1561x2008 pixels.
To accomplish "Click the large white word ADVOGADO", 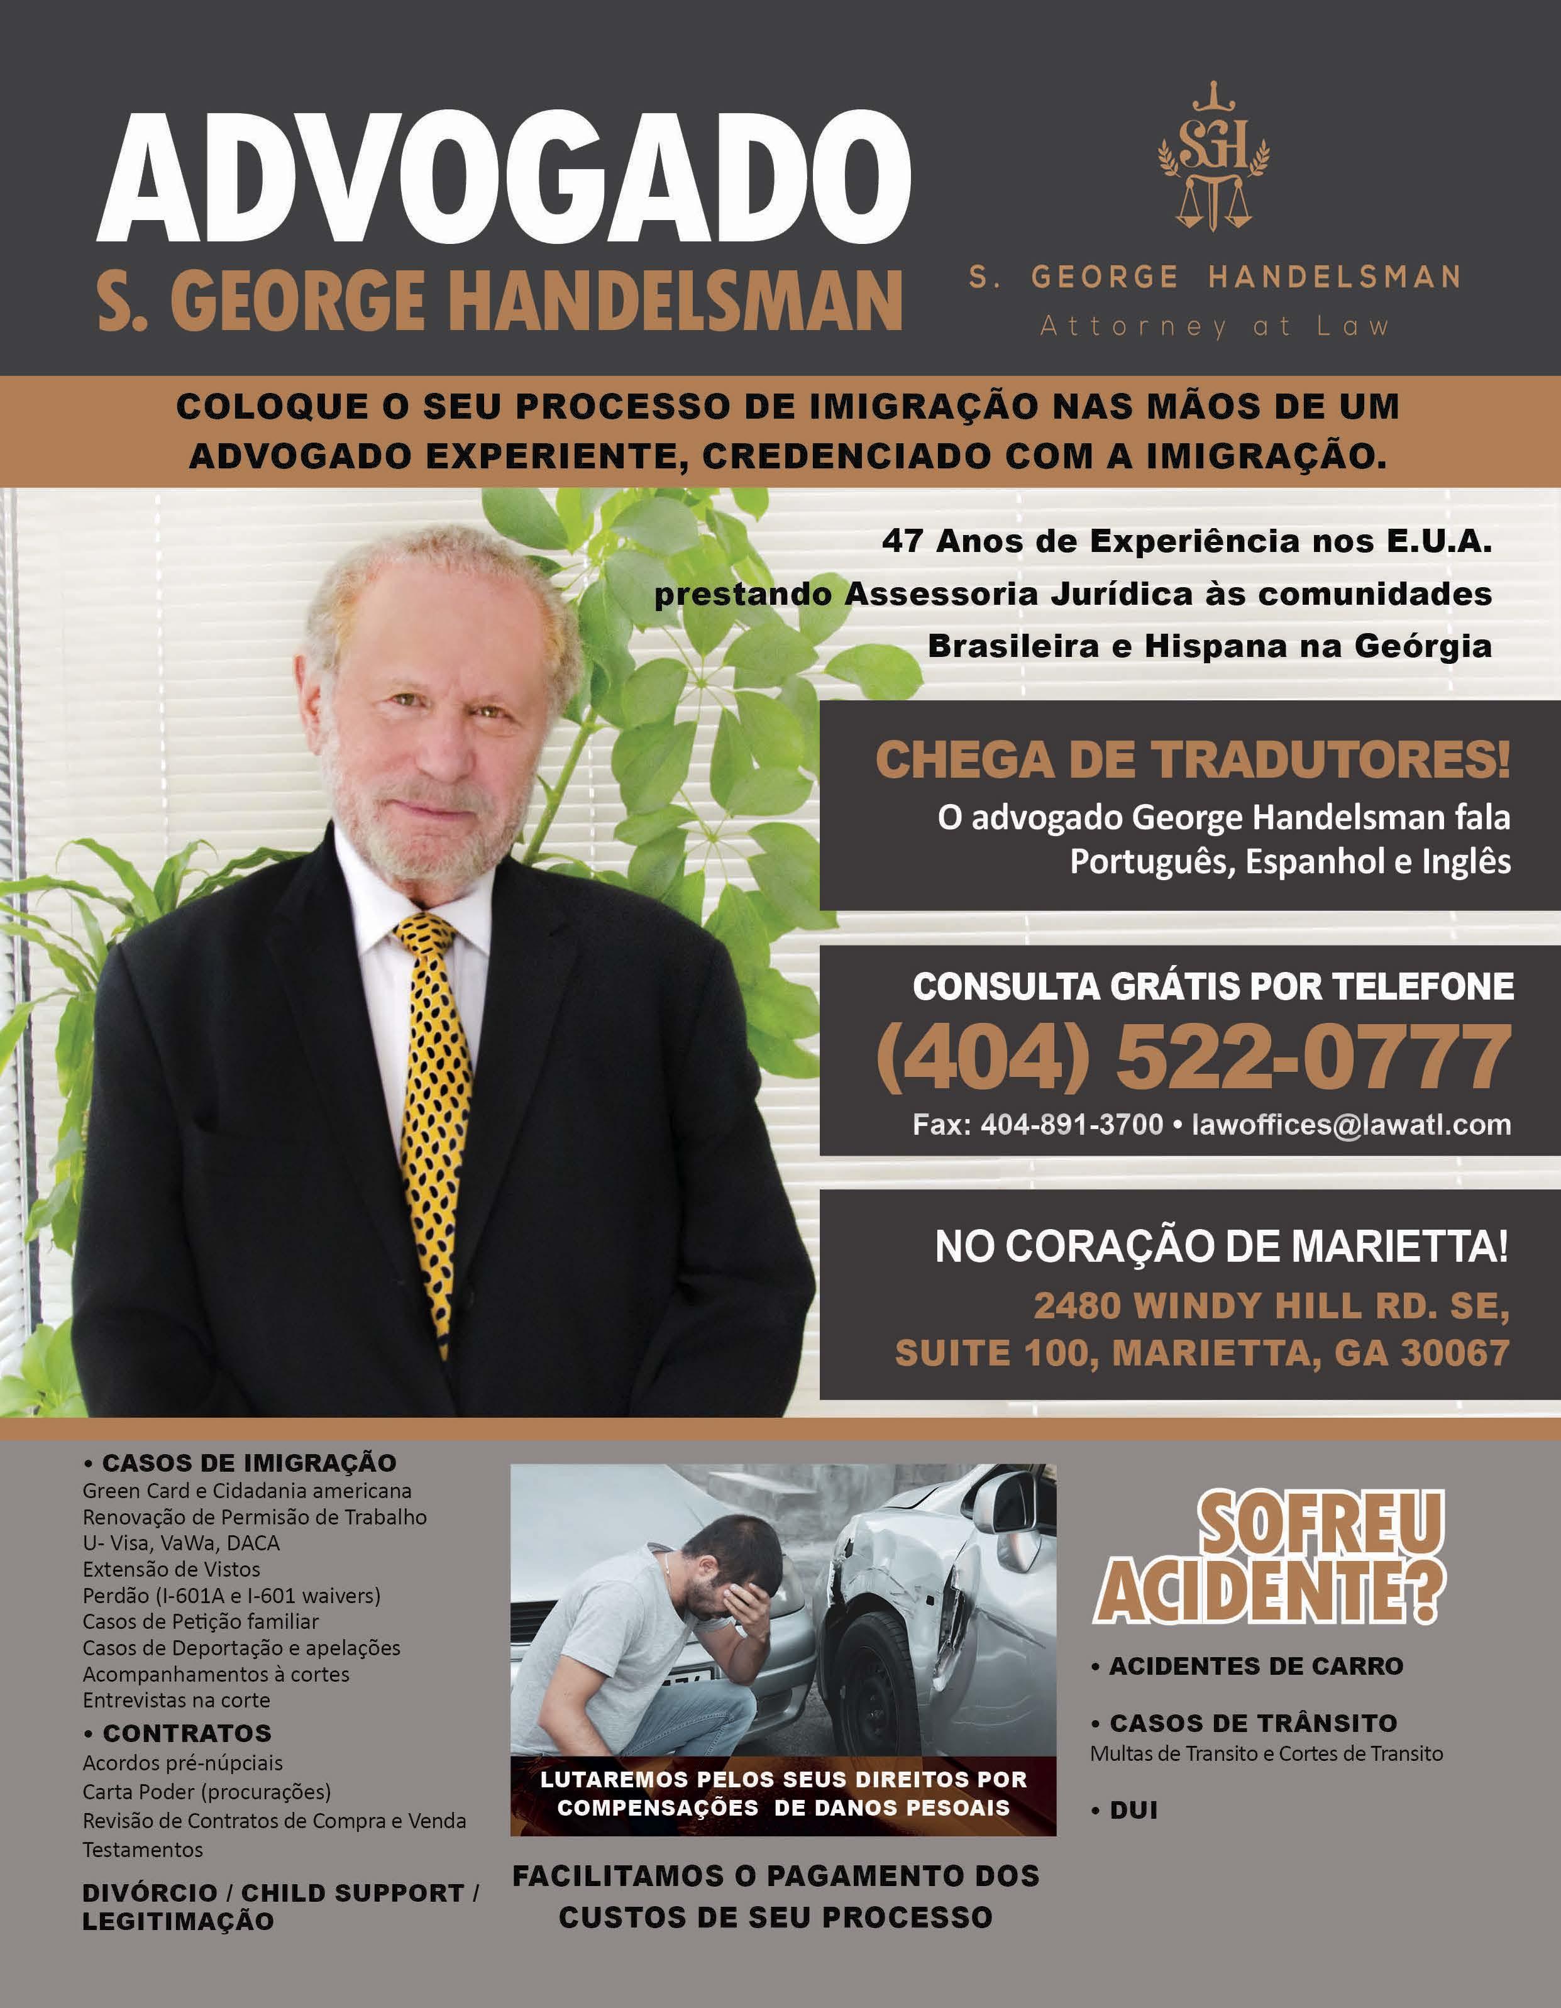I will tap(504, 177).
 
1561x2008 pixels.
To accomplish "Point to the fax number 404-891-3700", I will tap(1071, 1123).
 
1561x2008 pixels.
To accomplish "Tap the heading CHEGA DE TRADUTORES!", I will tap(1193, 760).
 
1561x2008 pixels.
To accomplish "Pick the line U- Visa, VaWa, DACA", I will tap(181, 1543).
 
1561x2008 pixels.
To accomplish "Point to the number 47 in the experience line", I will tap(902, 541).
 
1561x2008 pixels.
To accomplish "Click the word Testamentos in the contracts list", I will tap(143, 1849).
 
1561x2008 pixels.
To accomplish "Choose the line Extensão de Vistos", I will tap(171, 1569).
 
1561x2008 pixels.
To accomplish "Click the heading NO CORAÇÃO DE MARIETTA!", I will tap(1221, 1247).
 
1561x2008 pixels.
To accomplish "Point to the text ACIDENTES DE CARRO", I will tap(1255, 1666).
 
